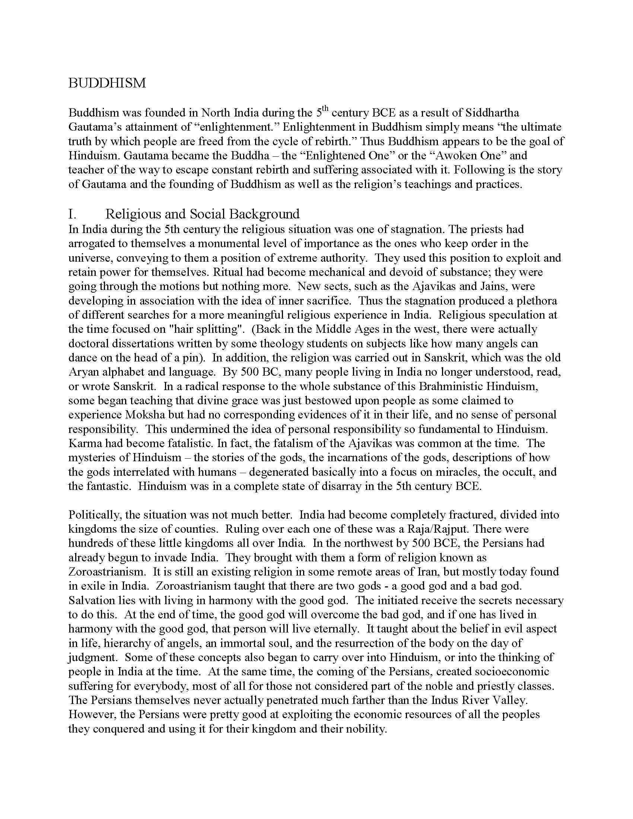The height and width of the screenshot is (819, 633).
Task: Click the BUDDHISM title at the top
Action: click(107, 83)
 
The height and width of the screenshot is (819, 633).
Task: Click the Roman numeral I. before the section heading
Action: click(72, 214)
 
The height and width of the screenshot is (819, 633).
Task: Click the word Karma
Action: click(86, 443)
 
